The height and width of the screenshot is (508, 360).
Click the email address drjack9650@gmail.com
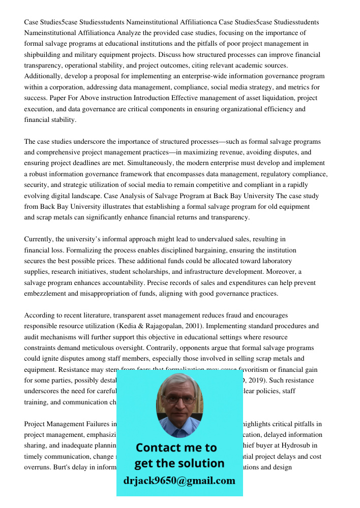179,481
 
